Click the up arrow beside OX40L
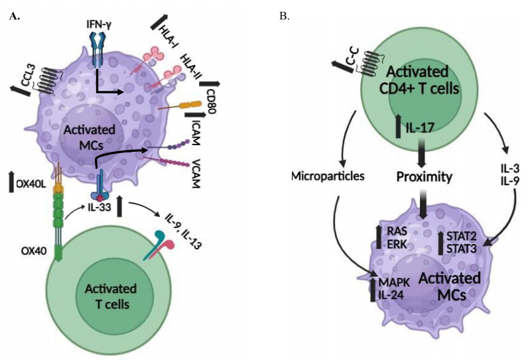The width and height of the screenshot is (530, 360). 11,181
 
